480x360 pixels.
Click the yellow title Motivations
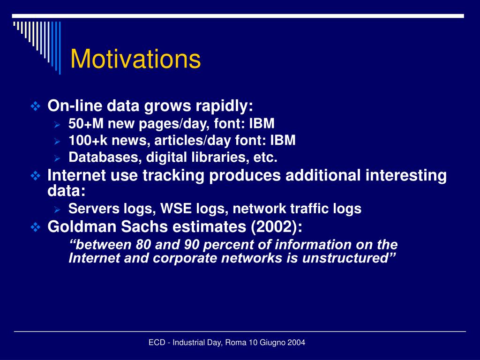point(135,59)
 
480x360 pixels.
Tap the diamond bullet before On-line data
point(36,106)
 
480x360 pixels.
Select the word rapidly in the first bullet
point(225,106)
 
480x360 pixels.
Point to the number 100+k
point(88,141)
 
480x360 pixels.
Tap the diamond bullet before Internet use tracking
point(36,176)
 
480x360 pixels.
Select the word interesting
point(406,176)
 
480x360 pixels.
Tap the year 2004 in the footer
point(298,343)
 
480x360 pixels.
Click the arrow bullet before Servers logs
point(57,210)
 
